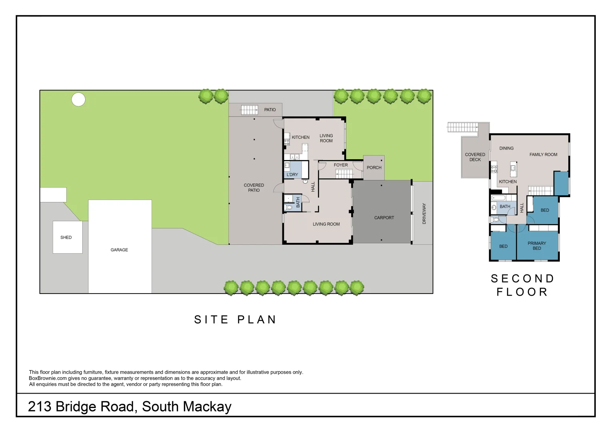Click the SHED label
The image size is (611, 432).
click(66, 238)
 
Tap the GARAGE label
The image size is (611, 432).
click(119, 250)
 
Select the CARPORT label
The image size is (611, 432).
click(384, 218)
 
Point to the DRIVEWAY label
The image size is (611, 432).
click(424, 214)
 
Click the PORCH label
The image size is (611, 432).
click(374, 168)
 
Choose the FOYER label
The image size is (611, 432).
click(341, 165)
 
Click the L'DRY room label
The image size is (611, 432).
click(292, 175)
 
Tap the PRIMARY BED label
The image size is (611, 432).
click(537, 246)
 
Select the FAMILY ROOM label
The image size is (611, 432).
click(543, 155)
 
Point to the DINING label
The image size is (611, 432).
click(506, 148)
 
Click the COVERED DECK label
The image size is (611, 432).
click(475, 157)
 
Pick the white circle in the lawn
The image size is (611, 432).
click(78, 100)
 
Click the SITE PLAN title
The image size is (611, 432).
click(235, 320)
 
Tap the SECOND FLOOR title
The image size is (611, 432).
click(522, 285)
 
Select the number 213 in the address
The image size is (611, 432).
click(40, 407)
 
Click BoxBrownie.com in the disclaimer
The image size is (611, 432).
click(48, 378)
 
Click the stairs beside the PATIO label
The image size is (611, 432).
click(249, 110)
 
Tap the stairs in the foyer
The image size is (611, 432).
click(344, 174)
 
